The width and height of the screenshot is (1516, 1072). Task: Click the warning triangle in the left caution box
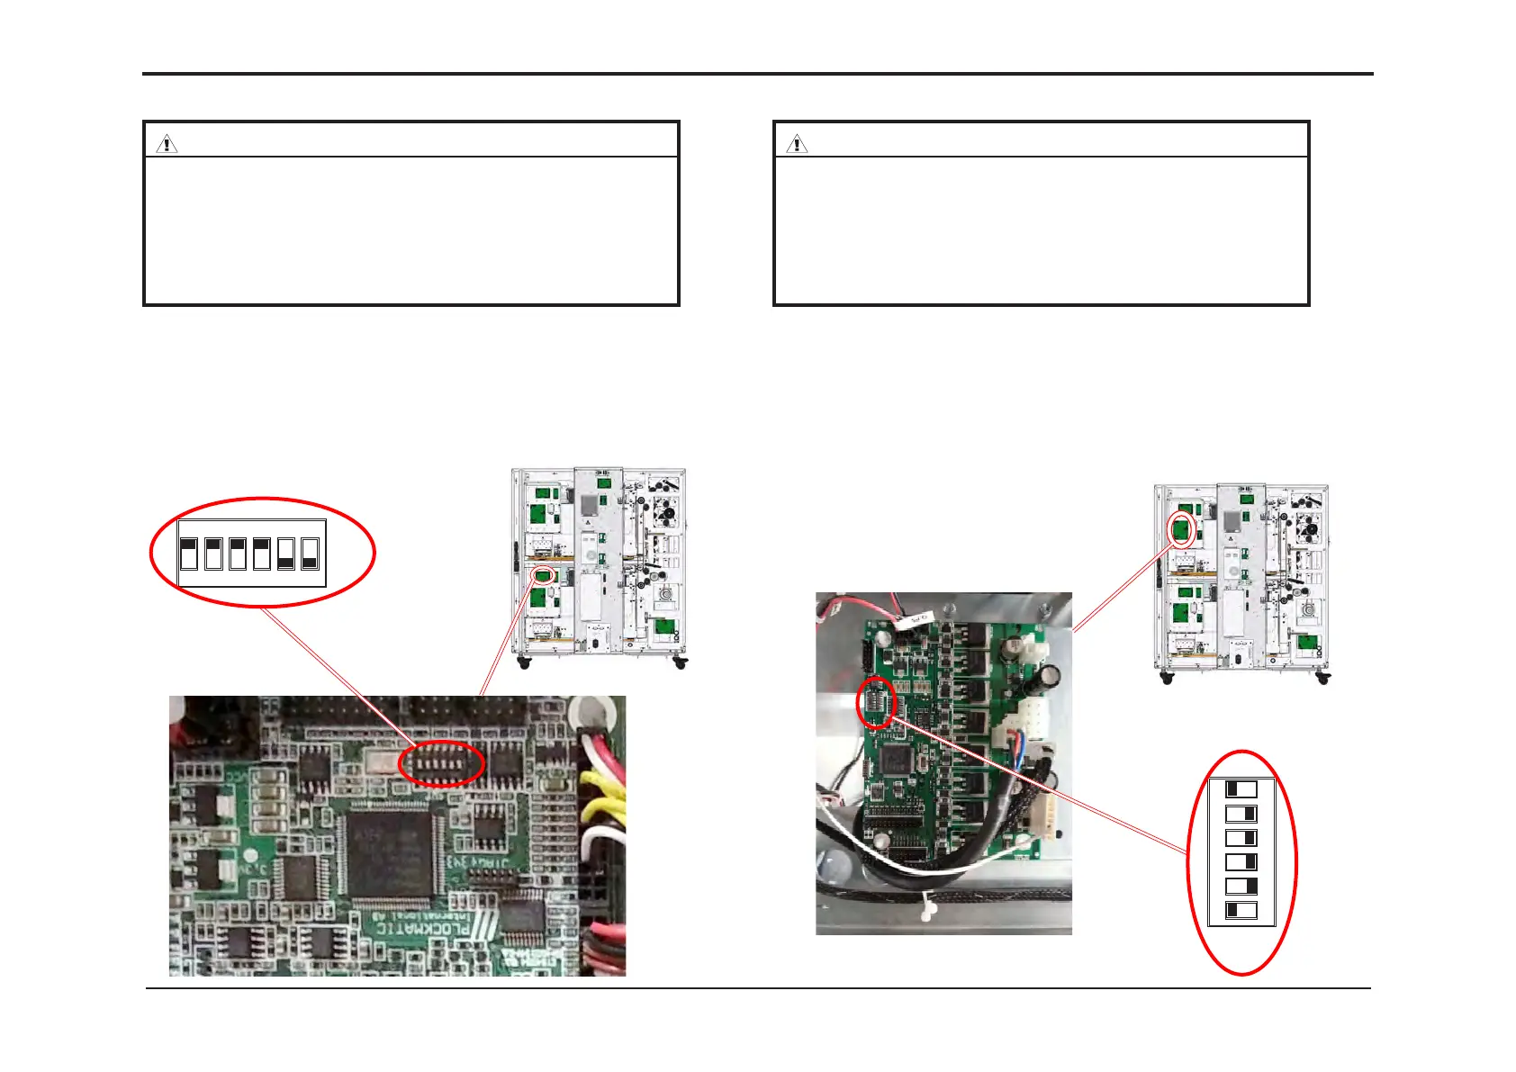[x=167, y=144]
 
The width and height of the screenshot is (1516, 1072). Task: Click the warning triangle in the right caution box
[x=797, y=144]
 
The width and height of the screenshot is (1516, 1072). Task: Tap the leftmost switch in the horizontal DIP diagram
[x=189, y=554]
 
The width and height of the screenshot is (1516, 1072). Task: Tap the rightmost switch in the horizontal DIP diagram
[x=310, y=554]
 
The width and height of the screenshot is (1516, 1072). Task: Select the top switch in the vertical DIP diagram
[x=1241, y=790]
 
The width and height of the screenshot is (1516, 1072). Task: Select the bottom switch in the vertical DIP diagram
[x=1241, y=911]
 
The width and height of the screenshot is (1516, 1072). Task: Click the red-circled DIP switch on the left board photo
[x=441, y=763]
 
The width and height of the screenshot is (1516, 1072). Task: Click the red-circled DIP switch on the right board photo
[x=876, y=703]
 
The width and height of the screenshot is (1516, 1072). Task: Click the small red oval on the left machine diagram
[x=542, y=574]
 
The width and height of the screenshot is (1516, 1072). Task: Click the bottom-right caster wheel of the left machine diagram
[x=680, y=663]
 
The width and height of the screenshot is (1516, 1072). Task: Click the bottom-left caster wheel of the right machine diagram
[x=1167, y=678]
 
